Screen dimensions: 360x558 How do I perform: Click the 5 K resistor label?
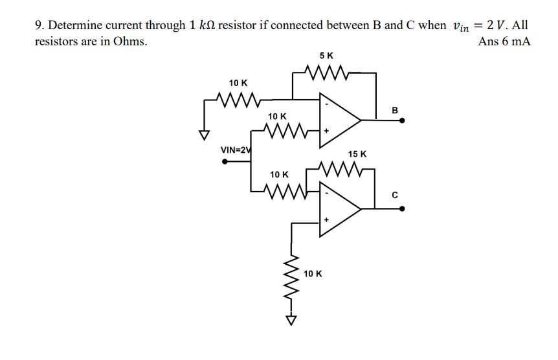327,56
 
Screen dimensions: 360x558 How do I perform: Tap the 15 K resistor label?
357,154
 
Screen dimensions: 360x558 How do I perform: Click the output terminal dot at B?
403,120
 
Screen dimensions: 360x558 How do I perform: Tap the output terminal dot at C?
403,208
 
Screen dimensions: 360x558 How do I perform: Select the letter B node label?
395,109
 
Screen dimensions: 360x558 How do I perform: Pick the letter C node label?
395,194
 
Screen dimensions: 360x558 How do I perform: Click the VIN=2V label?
236,150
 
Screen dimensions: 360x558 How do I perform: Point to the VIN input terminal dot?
225,161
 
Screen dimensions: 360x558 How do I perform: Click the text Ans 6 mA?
504,41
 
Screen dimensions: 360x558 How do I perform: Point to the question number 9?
39,26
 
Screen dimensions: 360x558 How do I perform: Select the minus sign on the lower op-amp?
327,194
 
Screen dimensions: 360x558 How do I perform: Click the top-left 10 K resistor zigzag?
238,100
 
